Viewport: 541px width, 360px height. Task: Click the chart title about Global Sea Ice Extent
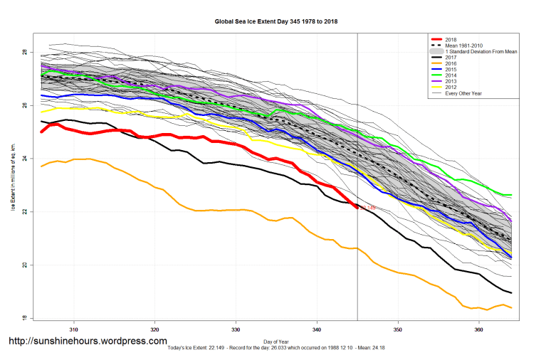click(276, 21)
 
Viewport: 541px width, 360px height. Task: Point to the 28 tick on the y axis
click(24, 53)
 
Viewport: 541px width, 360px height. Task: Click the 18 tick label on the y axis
click(24, 318)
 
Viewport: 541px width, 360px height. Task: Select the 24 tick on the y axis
click(24, 159)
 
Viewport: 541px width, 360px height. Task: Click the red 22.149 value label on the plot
click(368, 208)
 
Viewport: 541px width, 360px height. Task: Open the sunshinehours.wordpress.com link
click(88, 341)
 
